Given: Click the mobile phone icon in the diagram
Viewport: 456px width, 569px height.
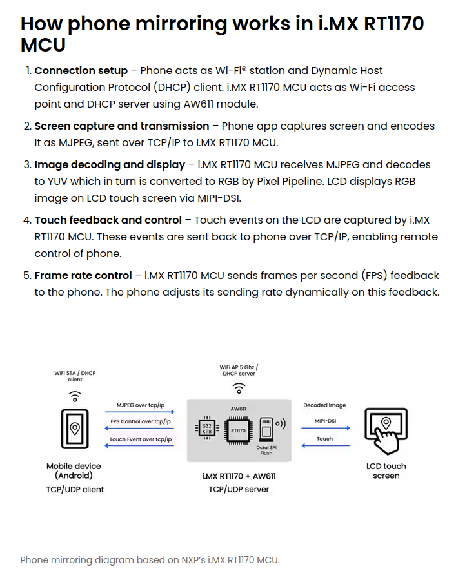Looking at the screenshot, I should (75, 429).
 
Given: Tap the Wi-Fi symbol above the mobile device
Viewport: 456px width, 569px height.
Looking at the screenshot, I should (75, 396).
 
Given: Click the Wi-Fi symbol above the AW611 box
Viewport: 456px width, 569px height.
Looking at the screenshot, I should (239, 389).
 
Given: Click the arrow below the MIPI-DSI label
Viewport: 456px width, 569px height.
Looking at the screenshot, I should (324, 428).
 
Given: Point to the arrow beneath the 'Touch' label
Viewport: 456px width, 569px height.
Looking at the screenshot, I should (324, 445).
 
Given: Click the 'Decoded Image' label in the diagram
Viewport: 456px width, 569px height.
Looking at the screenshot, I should (324, 405).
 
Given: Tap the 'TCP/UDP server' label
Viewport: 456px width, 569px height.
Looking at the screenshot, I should (239, 489).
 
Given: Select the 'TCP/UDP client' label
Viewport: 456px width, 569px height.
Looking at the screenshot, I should (75, 489).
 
